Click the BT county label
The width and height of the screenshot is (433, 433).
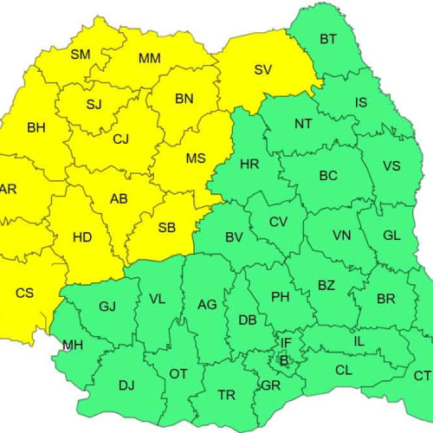click(328, 39)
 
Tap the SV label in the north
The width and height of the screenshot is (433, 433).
click(263, 70)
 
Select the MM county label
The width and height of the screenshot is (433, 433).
click(149, 59)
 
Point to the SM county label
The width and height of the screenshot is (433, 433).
click(81, 55)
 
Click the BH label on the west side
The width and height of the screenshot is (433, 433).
click(36, 128)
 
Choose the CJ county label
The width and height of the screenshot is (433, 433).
click(121, 138)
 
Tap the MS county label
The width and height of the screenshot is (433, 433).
click(196, 158)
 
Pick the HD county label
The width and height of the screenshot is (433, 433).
click(82, 236)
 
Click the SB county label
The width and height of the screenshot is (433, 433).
click(167, 229)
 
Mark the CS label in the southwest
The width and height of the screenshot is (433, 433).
click(25, 293)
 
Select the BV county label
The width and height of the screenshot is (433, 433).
click(234, 237)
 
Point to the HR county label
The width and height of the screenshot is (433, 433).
click(249, 164)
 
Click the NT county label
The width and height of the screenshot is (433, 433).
click(303, 124)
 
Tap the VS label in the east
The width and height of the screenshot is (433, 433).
click(391, 166)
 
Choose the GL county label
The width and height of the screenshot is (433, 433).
click(391, 236)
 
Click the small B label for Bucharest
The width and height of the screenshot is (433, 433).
click(283, 360)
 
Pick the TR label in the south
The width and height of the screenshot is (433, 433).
click(226, 395)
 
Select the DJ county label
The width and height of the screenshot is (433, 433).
click(126, 385)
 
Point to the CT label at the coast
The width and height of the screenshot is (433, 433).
click(422, 376)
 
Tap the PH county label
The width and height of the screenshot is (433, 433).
click(281, 297)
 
